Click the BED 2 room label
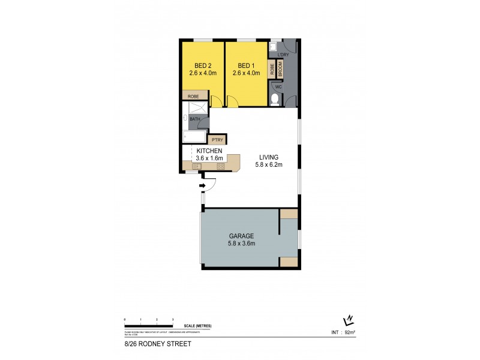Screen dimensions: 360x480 tap(202, 65)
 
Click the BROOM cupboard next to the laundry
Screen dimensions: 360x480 tap(280, 69)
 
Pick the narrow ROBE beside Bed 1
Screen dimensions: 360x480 tap(272, 69)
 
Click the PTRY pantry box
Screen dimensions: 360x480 tap(217, 140)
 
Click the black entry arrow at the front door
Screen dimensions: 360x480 tap(202, 187)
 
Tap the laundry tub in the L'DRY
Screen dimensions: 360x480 tap(273, 46)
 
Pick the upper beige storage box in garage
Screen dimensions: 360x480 tap(289, 214)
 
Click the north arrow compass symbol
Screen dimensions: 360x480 tap(347, 320)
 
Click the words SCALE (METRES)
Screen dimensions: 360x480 tap(198, 326)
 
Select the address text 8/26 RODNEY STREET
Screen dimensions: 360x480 tap(149, 344)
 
